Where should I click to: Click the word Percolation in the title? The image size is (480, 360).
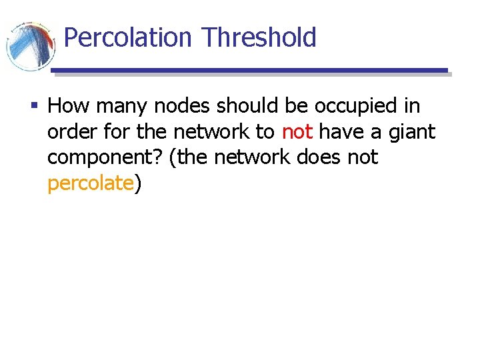(x=127, y=37)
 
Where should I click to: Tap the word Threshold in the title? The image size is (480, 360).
(x=259, y=37)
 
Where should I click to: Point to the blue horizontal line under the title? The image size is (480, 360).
(x=249, y=70)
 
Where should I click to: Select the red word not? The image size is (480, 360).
(x=297, y=132)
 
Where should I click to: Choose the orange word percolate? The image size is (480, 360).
(x=91, y=183)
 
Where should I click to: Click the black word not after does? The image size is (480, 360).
(x=363, y=157)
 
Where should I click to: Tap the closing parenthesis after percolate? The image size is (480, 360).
(x=138, y=184)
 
